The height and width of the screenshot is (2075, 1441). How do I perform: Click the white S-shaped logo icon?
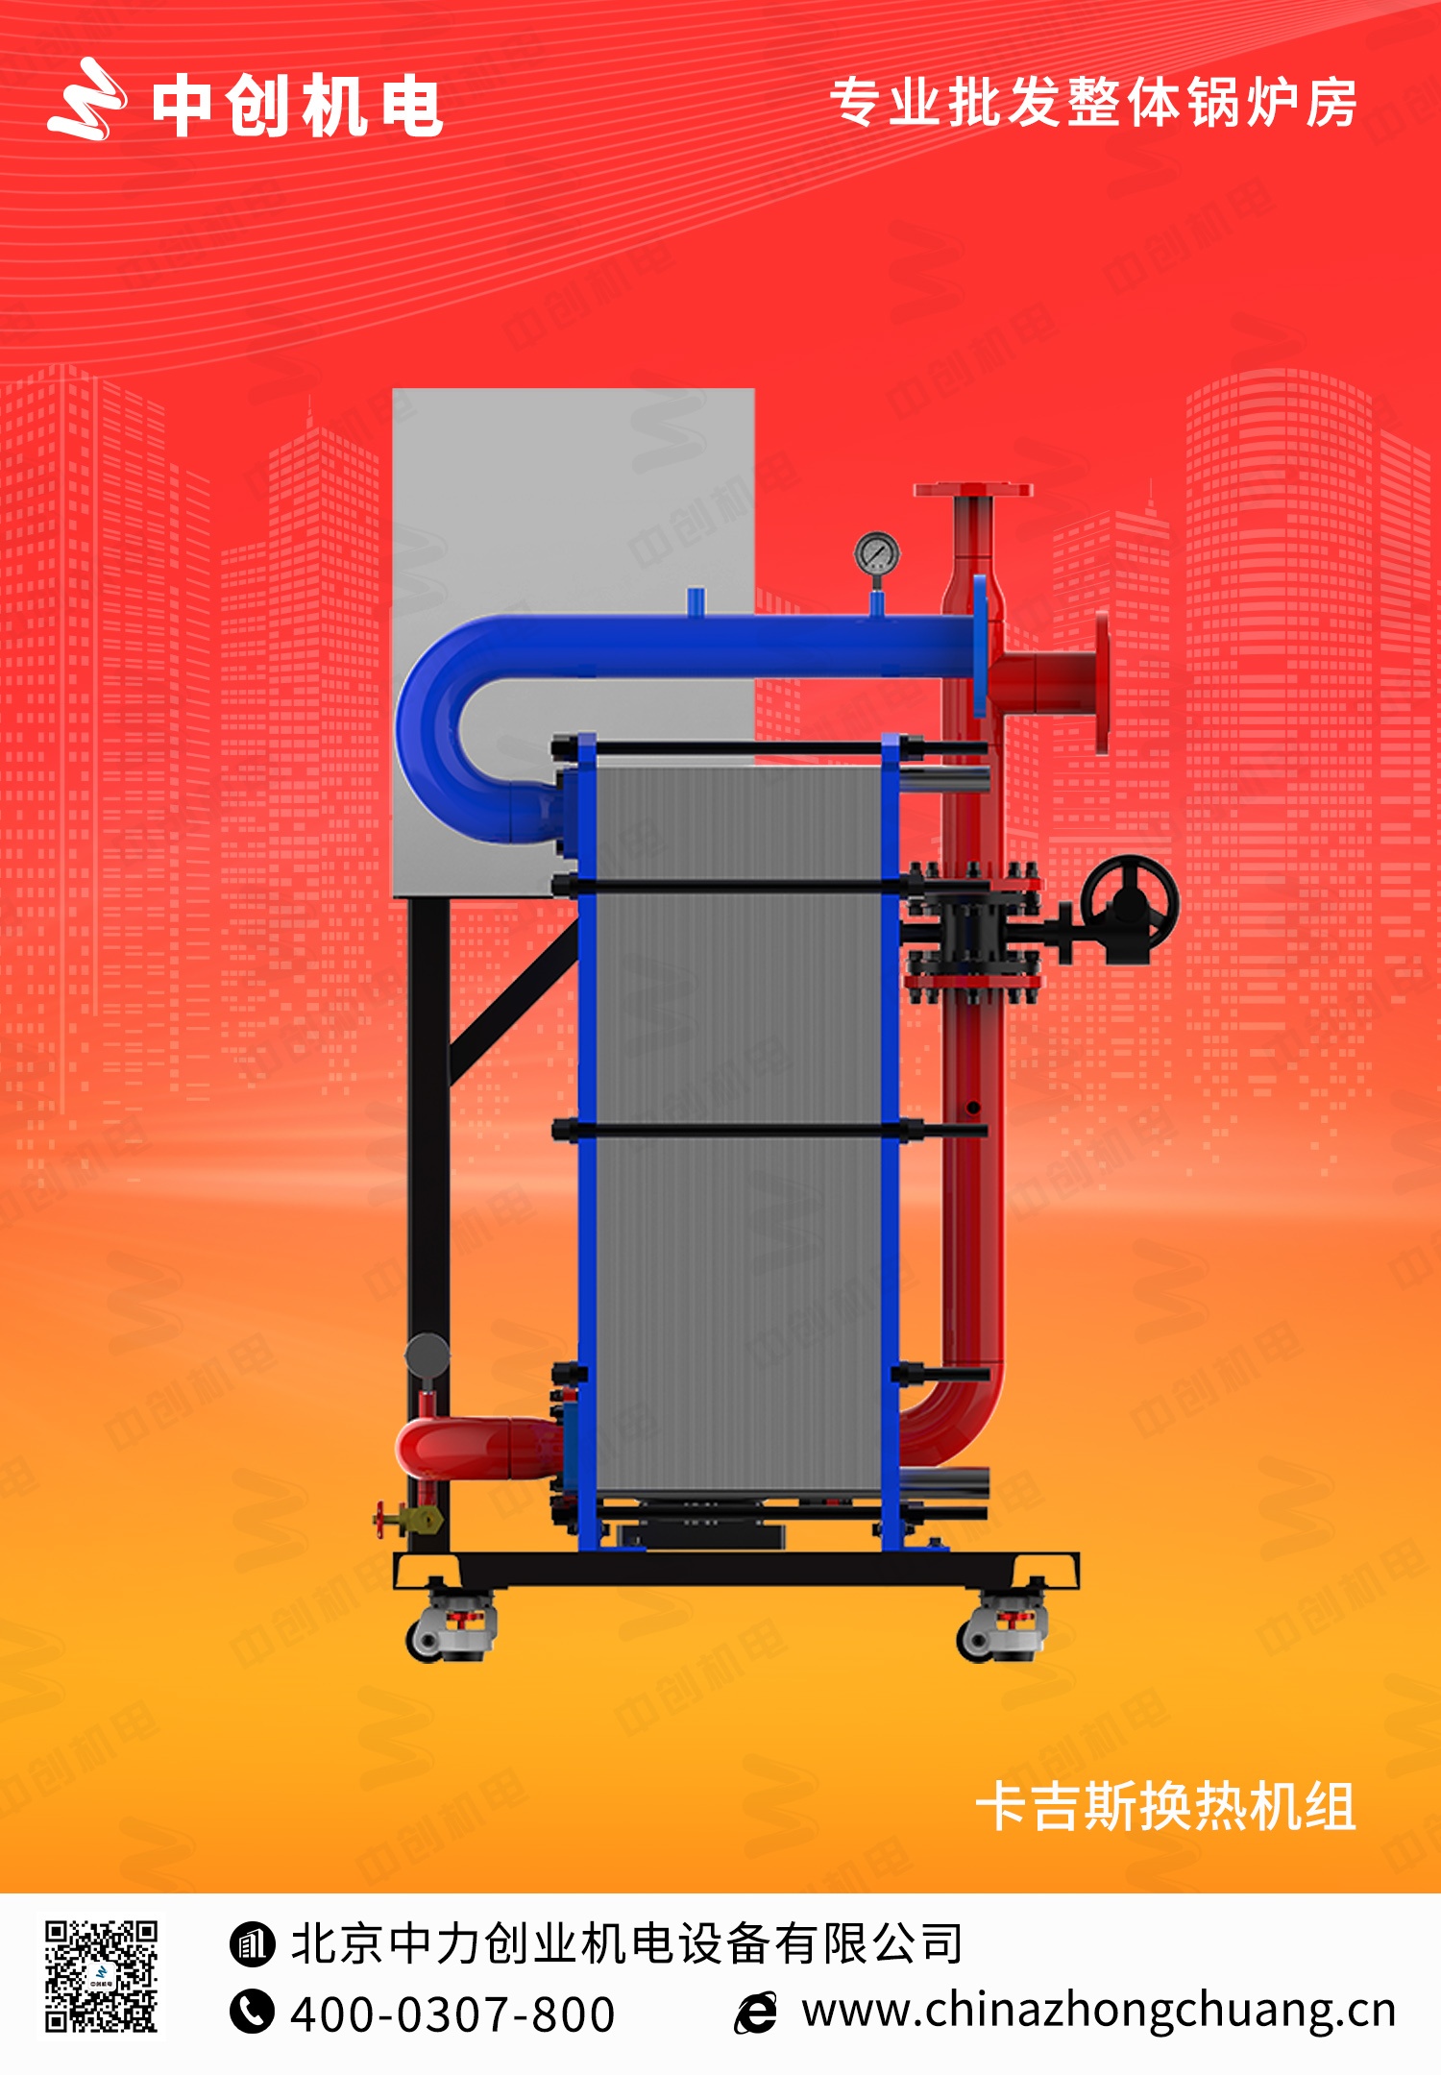[86, 100]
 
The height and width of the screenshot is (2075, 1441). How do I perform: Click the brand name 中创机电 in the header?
[297, 106]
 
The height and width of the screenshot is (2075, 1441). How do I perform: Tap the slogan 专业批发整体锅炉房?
[1093, 103]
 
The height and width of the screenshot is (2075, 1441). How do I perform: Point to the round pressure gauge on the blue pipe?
[877, 553]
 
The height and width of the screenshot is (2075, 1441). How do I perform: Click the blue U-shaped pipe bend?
[452, 730]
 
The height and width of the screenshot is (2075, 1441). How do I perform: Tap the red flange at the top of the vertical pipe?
[972, 490]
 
